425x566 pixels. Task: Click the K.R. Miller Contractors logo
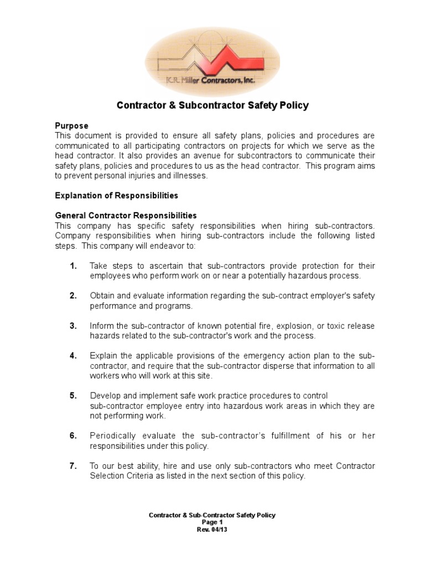tap(212, 61)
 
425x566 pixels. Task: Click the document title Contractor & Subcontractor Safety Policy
tap(212, 105)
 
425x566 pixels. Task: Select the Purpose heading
tap(71, 126)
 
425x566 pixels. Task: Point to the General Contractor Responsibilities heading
tap(126, 216)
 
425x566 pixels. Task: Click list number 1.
tap(73, 266)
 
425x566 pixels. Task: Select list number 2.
tap(73, 296)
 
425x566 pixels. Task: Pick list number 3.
tap(73, 326)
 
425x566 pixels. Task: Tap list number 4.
tap(73, 355)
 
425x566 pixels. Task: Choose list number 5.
tap(73, 396)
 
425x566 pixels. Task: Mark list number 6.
tap(73, 436)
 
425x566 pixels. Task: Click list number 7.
tap(73, 466)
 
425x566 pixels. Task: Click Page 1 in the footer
tap(212, 522)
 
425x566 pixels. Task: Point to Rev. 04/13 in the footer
tap(212, 530)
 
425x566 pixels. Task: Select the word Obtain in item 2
tap(101, 296)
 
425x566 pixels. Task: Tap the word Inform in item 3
tap(101, 326)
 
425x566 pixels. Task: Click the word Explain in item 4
tap(102, 355)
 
